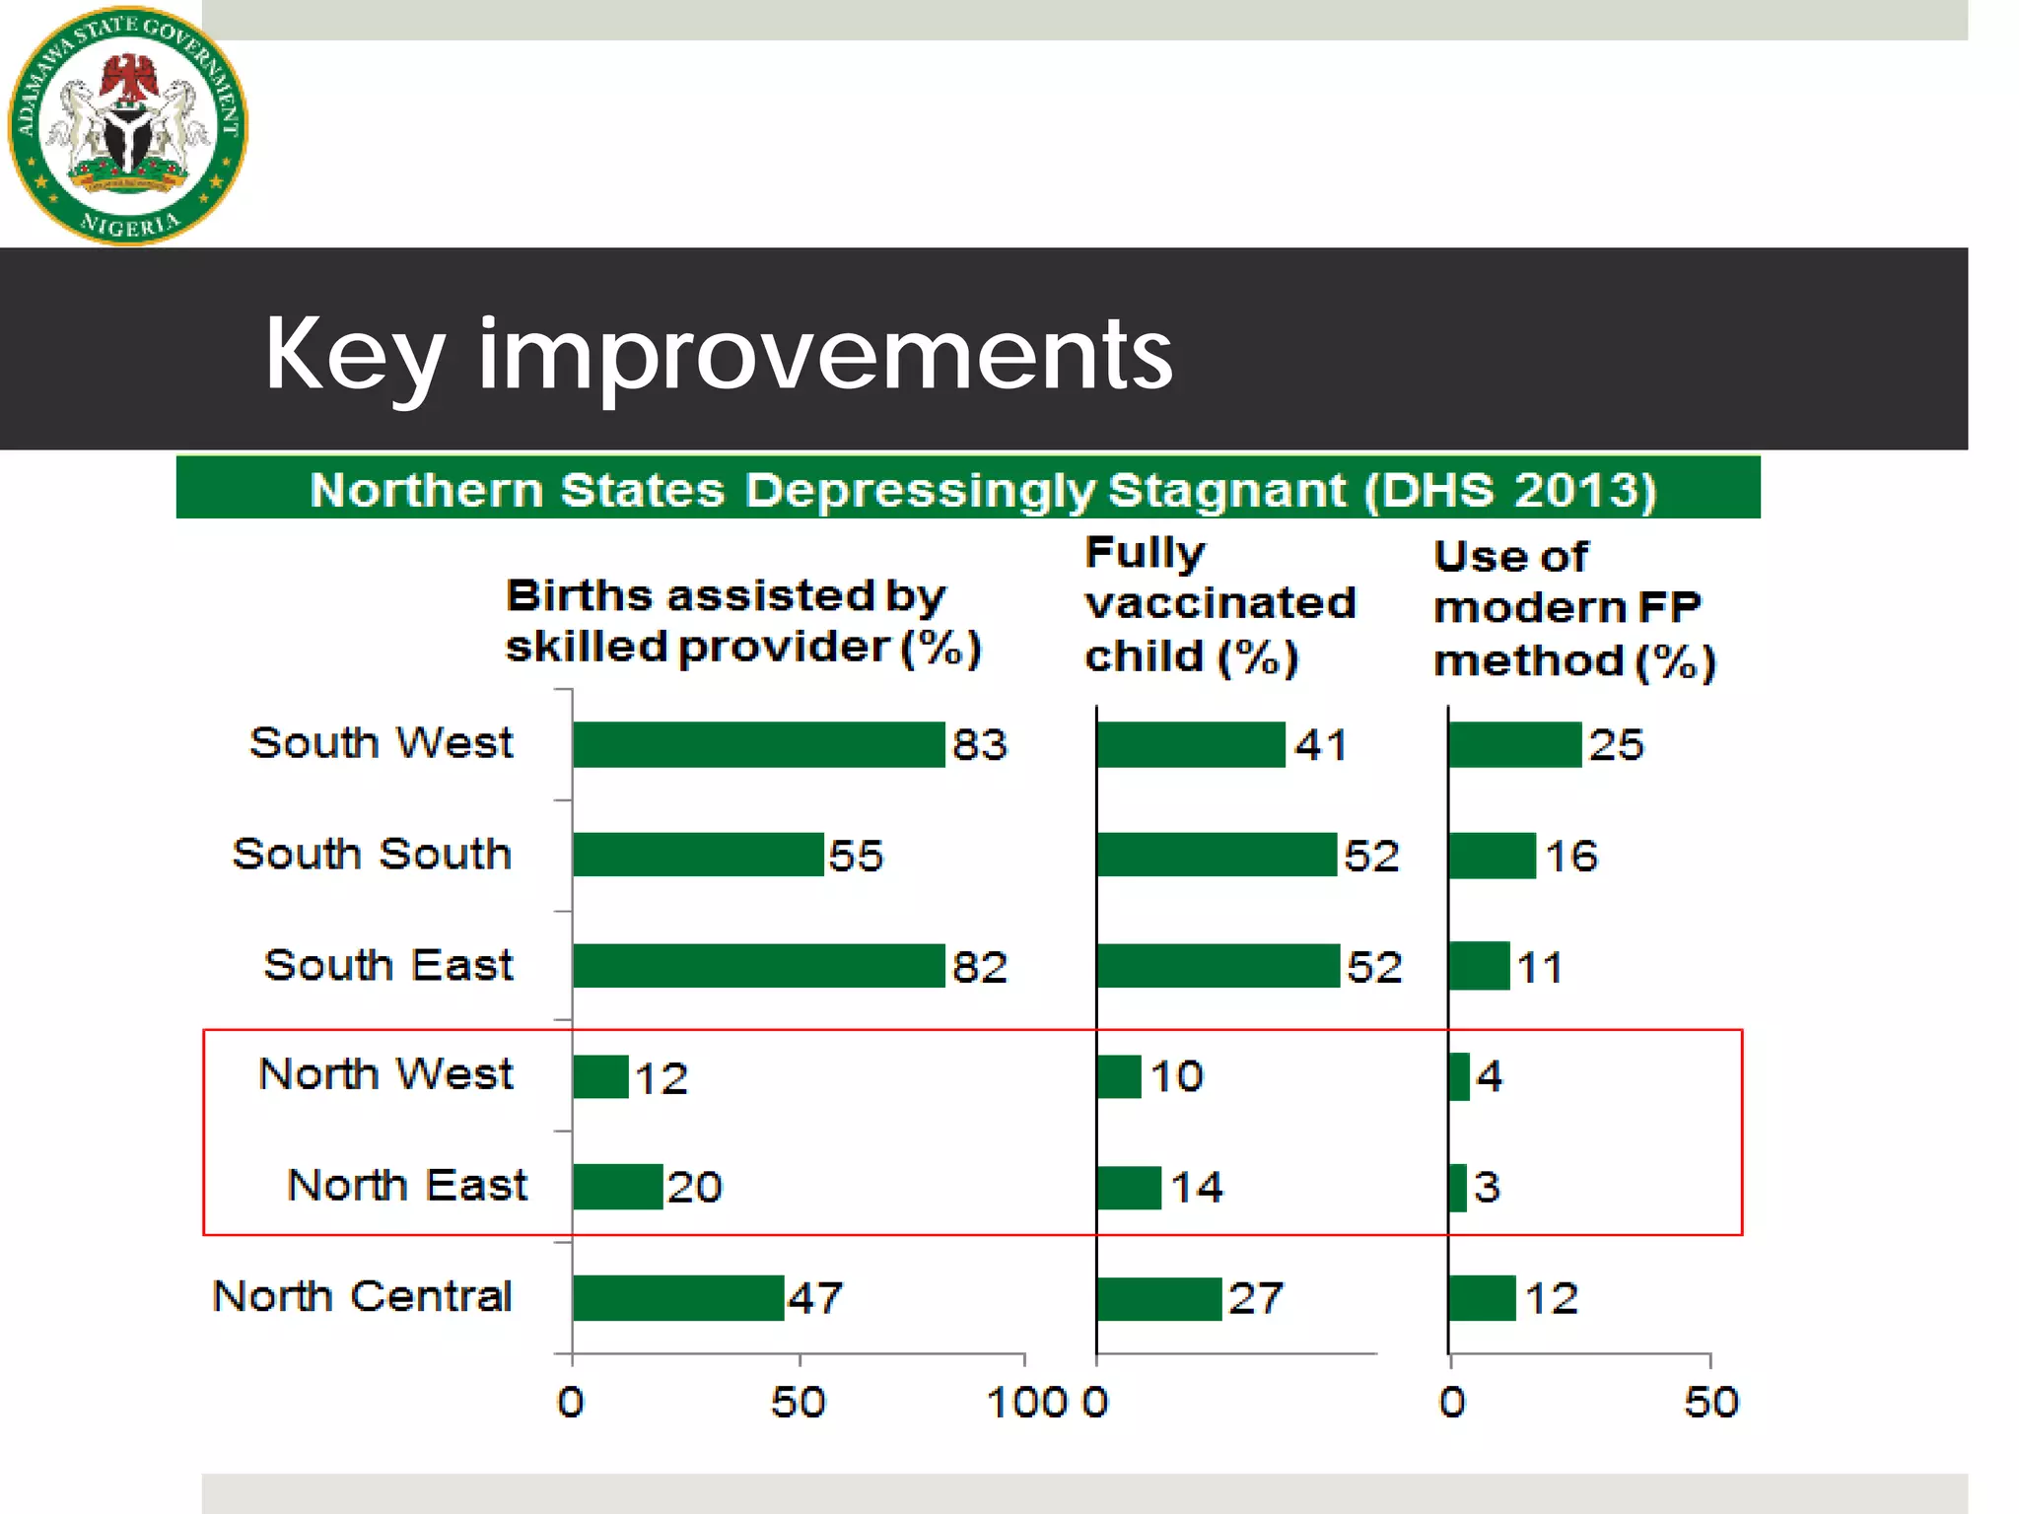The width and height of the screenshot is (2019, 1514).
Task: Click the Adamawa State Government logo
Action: coord(128,125)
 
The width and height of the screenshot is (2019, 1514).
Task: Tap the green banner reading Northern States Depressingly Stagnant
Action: coord(968,488)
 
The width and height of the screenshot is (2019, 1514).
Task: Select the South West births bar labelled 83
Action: coord(758,744)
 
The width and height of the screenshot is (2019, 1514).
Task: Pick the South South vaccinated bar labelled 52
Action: coord(1217,855)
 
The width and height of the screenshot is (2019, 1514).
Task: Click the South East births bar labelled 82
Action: coord(758,966)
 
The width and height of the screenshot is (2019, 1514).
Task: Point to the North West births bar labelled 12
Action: coord(600,1076)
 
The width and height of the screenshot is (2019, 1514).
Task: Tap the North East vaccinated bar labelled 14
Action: coord(1129,1188)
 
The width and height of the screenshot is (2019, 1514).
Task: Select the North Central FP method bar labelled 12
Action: coord(1482,1298)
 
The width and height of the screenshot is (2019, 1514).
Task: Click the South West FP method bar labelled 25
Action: coord(1515,744)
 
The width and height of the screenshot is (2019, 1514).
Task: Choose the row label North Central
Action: coord(363,1296)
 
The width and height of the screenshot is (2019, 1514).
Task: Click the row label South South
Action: coord(373,854)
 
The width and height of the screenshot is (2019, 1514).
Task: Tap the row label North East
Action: coord(407,1185)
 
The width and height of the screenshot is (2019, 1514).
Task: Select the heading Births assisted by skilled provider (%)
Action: coord(743,622)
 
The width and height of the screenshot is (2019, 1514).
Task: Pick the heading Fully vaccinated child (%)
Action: coord(1219,604)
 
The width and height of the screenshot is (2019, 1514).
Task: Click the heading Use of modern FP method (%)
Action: coord(1574,609)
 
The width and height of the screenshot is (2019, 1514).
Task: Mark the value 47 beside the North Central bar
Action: coord(815,1299)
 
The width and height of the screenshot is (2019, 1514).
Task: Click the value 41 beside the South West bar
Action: coord(1321,745)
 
